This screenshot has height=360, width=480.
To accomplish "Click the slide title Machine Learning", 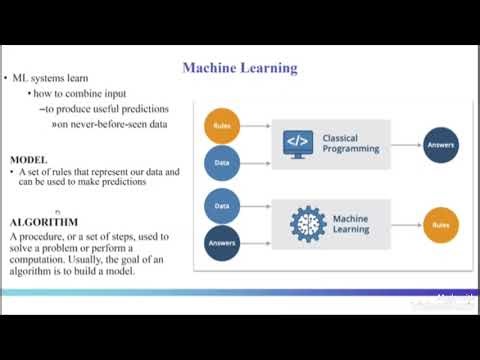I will tap(239, 68).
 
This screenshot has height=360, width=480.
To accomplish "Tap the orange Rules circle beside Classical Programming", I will tap(222, 127).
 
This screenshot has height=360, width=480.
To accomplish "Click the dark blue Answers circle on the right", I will tap(441, 144).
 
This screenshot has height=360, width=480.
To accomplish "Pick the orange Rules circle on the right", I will tap(441, 224).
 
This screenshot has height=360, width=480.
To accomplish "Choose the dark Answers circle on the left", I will tap(222, 242).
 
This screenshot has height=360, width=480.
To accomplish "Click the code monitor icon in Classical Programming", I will tap(298, 142).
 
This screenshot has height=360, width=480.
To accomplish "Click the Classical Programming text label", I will tap(350, 143).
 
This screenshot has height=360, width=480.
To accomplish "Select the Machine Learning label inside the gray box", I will tap(351, 223).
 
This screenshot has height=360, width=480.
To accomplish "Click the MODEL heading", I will tap(28, 160).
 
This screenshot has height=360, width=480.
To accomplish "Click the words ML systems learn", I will tap(46, 78).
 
